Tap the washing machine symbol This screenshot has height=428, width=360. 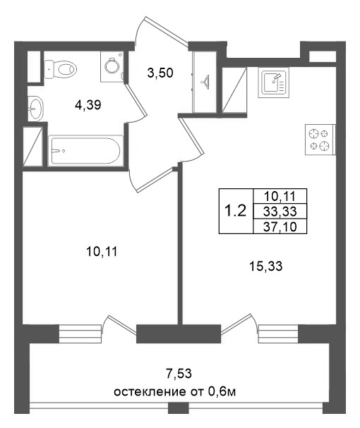tap(112, 64)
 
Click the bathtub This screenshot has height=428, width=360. tap(85, 149)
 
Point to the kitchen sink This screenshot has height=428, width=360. tap(273, 83)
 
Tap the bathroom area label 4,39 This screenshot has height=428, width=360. tap(88, 106)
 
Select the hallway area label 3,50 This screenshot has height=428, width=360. tap(160, 71)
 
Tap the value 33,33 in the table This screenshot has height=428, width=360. tap(279, 211)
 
